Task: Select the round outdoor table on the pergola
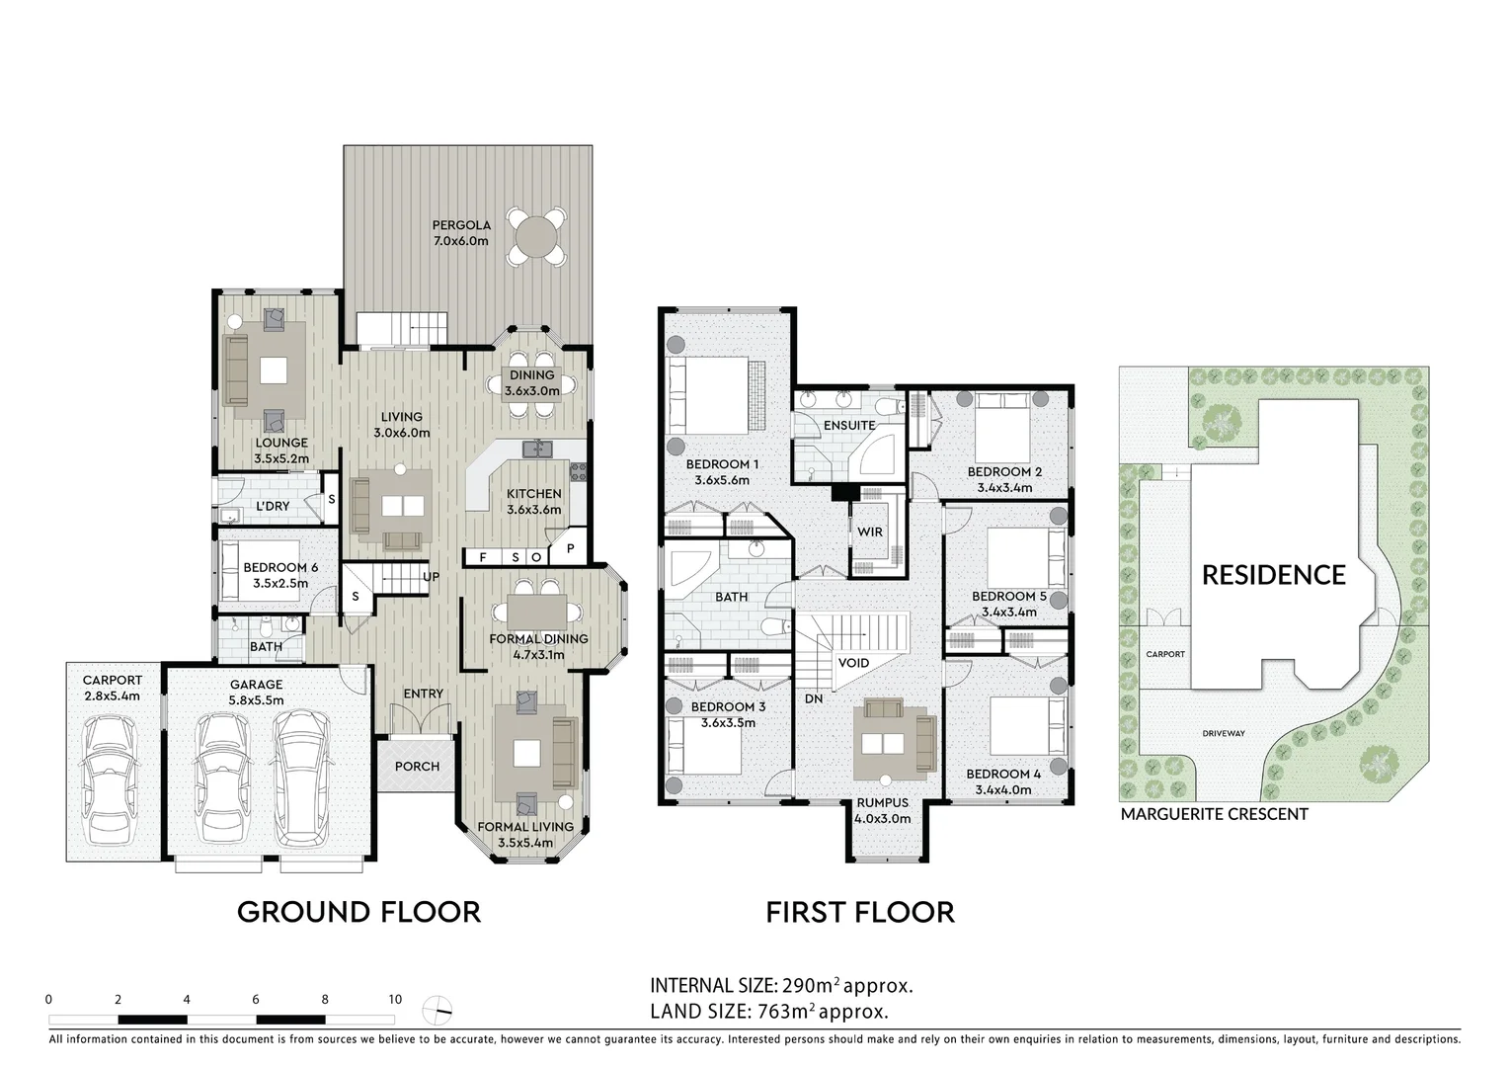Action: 536,237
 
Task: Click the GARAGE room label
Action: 257,685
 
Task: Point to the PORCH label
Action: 417,767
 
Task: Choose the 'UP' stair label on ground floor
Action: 432,577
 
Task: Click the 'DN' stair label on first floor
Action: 814,698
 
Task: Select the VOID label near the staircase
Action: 854,662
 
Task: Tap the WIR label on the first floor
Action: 870,532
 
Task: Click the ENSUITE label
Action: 849,425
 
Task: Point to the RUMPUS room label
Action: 883,803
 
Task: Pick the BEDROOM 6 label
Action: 280,568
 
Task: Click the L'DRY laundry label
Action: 273,506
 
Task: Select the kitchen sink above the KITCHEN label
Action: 538,450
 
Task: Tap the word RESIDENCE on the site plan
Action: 1273,575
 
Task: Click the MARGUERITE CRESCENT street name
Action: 1214,814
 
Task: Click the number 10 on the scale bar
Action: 394,1000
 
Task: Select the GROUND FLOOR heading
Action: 358,912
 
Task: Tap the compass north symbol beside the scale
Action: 437,1009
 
